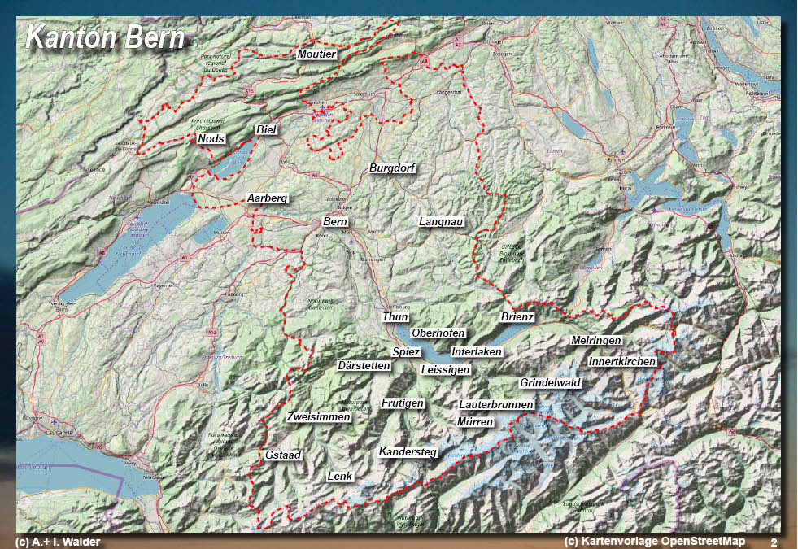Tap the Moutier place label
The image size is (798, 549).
[x=317, y=54]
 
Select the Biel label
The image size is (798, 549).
[x=266, y=130]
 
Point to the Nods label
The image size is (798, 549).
[x=211, y=139]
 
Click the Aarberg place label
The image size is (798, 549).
[x=268, y=198]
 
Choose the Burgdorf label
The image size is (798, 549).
[x=393, y=169]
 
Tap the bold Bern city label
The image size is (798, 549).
[x=335, y=222]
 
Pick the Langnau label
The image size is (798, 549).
[x=442, y=222]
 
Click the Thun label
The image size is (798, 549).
[x=395, y=317]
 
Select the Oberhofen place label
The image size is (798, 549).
[x=438, y=333]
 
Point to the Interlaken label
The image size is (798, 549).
[x=477, y=352]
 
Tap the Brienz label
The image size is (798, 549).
[x=517, y=317]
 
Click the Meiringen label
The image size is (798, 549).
[x=596, y=340]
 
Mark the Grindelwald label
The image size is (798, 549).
[x=550, y=382]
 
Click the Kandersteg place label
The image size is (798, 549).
[x=408, y=451]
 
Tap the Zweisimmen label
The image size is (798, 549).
[x=319, y=417]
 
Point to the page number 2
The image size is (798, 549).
[x=774, y=542]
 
